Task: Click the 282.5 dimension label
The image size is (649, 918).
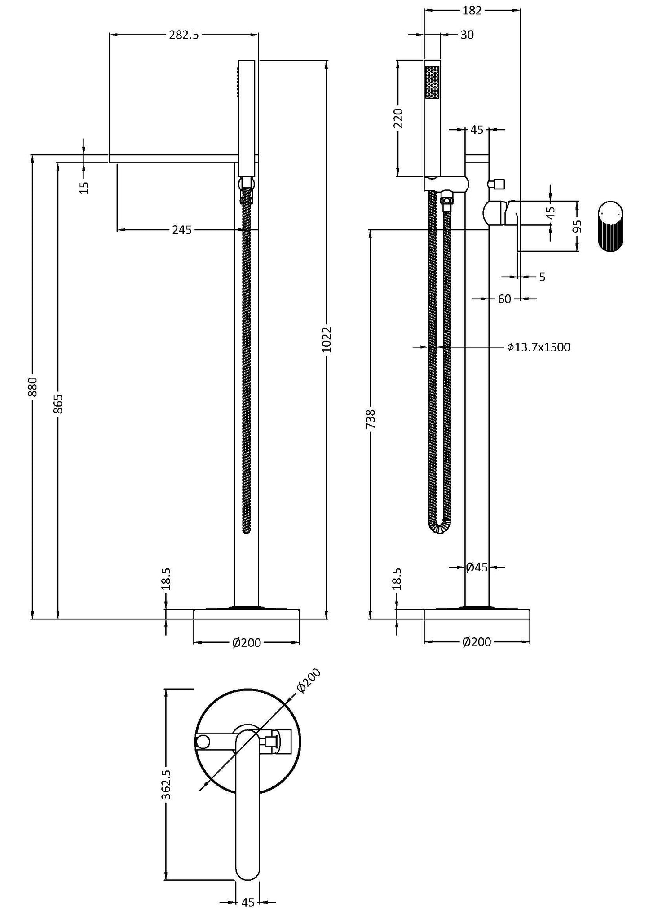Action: [183, 35]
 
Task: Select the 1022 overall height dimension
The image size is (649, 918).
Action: [327, 339]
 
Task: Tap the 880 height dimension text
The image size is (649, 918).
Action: [32, 387]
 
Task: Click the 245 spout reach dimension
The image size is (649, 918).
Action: [182, 230]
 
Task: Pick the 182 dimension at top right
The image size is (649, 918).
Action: [472, 10]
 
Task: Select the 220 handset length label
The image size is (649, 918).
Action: [398, 118]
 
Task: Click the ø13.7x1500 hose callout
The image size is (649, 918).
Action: [539, 347]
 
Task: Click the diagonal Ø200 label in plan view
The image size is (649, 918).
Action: [309, 681]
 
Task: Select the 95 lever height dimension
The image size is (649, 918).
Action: [578, 226]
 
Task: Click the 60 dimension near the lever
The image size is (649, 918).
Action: [504, 299]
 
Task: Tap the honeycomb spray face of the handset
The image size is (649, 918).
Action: [432, 82]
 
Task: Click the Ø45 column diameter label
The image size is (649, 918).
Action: [477, 567]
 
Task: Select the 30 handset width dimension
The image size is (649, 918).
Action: [467, 35]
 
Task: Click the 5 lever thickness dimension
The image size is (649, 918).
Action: [542, 277]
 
